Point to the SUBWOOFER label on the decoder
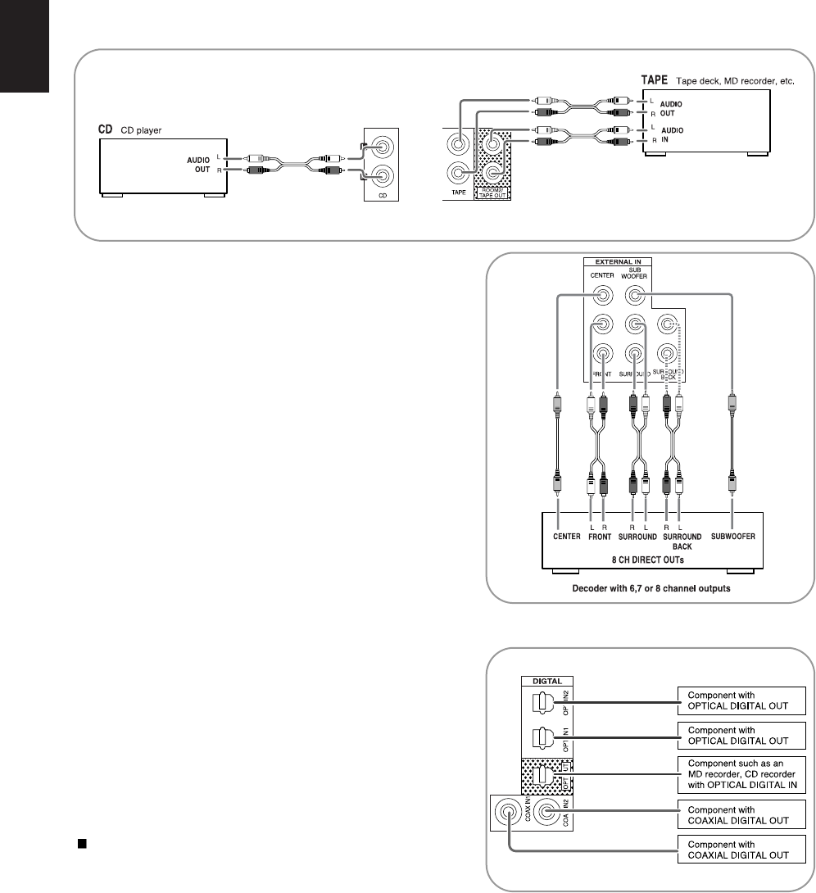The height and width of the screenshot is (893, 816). pos(731,537)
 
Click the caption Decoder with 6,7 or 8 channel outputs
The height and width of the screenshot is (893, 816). pos(651,587)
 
